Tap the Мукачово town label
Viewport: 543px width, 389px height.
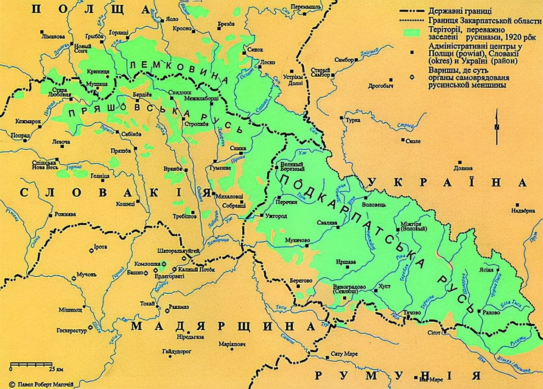click(x=298, y=240)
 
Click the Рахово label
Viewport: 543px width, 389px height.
click(x=492, y=312)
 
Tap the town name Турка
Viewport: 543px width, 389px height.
click(x=353, y=120)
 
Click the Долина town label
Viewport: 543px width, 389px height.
click(x=462, y=168)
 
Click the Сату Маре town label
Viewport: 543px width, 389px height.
click(x=344, y=353)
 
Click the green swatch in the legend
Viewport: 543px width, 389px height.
click(x=411, y=33)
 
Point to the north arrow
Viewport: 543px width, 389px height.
click(x=497, y=123)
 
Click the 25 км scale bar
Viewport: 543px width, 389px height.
click(x=31, y=364)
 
